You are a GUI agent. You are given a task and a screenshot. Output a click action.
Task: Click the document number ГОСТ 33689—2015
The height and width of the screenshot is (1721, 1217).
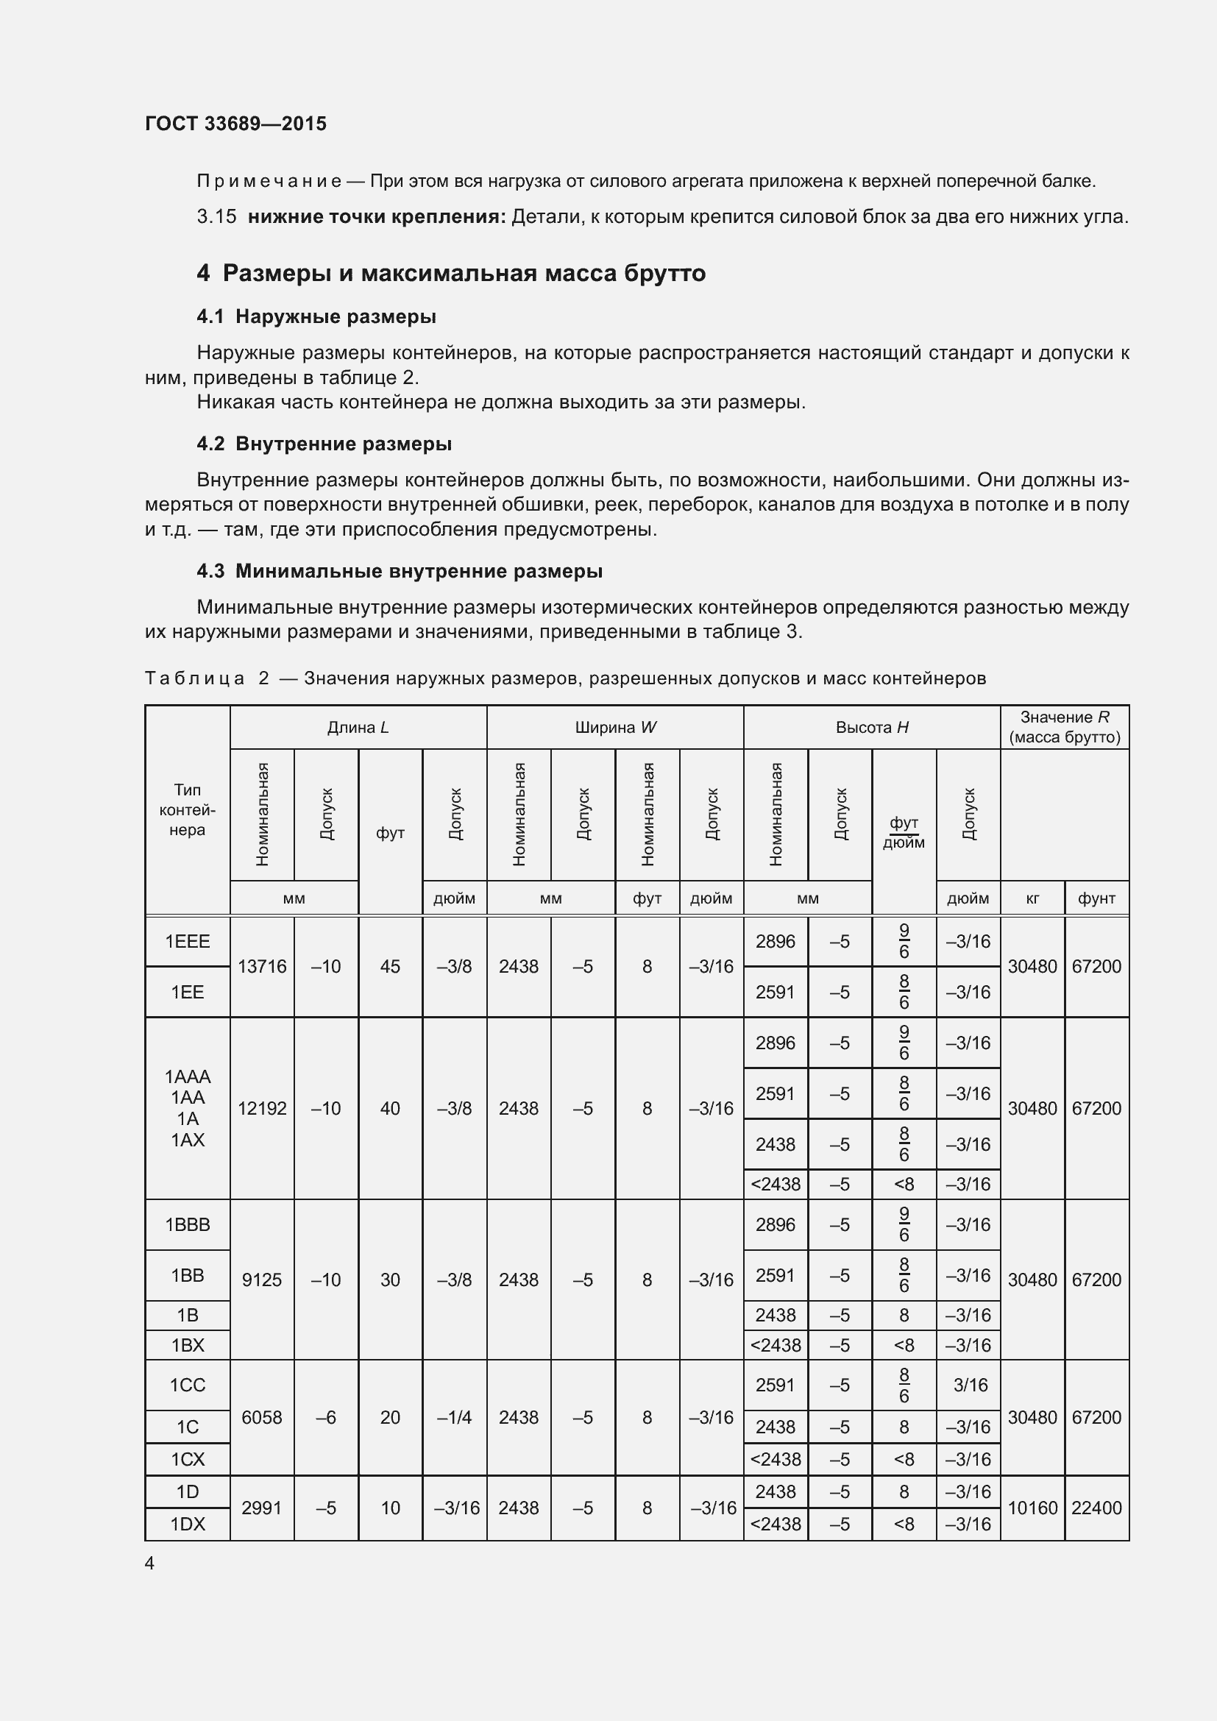click(x=235, y=124)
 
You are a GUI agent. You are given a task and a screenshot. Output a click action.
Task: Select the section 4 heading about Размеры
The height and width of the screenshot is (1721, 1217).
click(x=450, y=273)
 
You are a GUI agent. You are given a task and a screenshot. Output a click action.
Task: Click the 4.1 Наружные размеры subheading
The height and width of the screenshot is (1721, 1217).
click(x=316, y=316)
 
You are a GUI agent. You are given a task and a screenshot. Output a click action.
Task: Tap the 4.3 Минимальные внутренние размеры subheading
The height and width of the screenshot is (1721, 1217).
click(x=400, y=571)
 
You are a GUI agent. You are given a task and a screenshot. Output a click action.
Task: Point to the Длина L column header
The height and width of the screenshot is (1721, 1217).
click(x=358, y=727)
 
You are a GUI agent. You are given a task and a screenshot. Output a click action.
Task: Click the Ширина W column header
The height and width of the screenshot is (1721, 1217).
click(x=614, y=727)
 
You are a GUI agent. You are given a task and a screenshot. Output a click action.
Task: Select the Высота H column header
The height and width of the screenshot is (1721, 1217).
click(x=871, y=727)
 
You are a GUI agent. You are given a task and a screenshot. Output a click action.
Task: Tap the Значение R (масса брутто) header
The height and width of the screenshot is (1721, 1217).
click(x=1064, y=727)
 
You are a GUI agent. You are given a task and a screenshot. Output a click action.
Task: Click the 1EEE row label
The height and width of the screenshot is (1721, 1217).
click(x=188, y=942)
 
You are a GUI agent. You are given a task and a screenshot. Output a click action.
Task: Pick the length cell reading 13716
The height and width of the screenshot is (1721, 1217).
click(x=261, y=967)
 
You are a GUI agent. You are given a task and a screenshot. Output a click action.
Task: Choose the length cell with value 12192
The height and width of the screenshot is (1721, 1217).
click(x=261, y=1109)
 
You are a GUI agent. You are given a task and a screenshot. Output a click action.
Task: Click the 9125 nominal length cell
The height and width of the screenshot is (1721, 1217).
click(x=261, y=1280)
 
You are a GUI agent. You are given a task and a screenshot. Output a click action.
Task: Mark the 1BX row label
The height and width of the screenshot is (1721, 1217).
click(x=188, y=1346)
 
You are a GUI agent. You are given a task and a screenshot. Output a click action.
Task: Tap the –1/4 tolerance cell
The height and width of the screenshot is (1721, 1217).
click(x=454, y=1417)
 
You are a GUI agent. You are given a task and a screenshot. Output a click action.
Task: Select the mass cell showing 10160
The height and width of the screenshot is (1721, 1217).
click(x=1032, y=1508)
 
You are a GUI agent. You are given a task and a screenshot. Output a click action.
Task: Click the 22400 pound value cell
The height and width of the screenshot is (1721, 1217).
click(x=1096, y=1508)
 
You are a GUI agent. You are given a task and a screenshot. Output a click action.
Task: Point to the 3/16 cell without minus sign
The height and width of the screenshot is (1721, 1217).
click(x=970, y=1385)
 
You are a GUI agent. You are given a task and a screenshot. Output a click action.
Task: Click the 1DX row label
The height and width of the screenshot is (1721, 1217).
click(x=188, y=1525)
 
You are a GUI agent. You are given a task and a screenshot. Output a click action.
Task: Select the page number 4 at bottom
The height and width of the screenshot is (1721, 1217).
click(x=149, y=1563)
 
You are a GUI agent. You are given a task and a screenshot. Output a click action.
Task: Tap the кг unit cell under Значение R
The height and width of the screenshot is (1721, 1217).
click(x=1032, y=898)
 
